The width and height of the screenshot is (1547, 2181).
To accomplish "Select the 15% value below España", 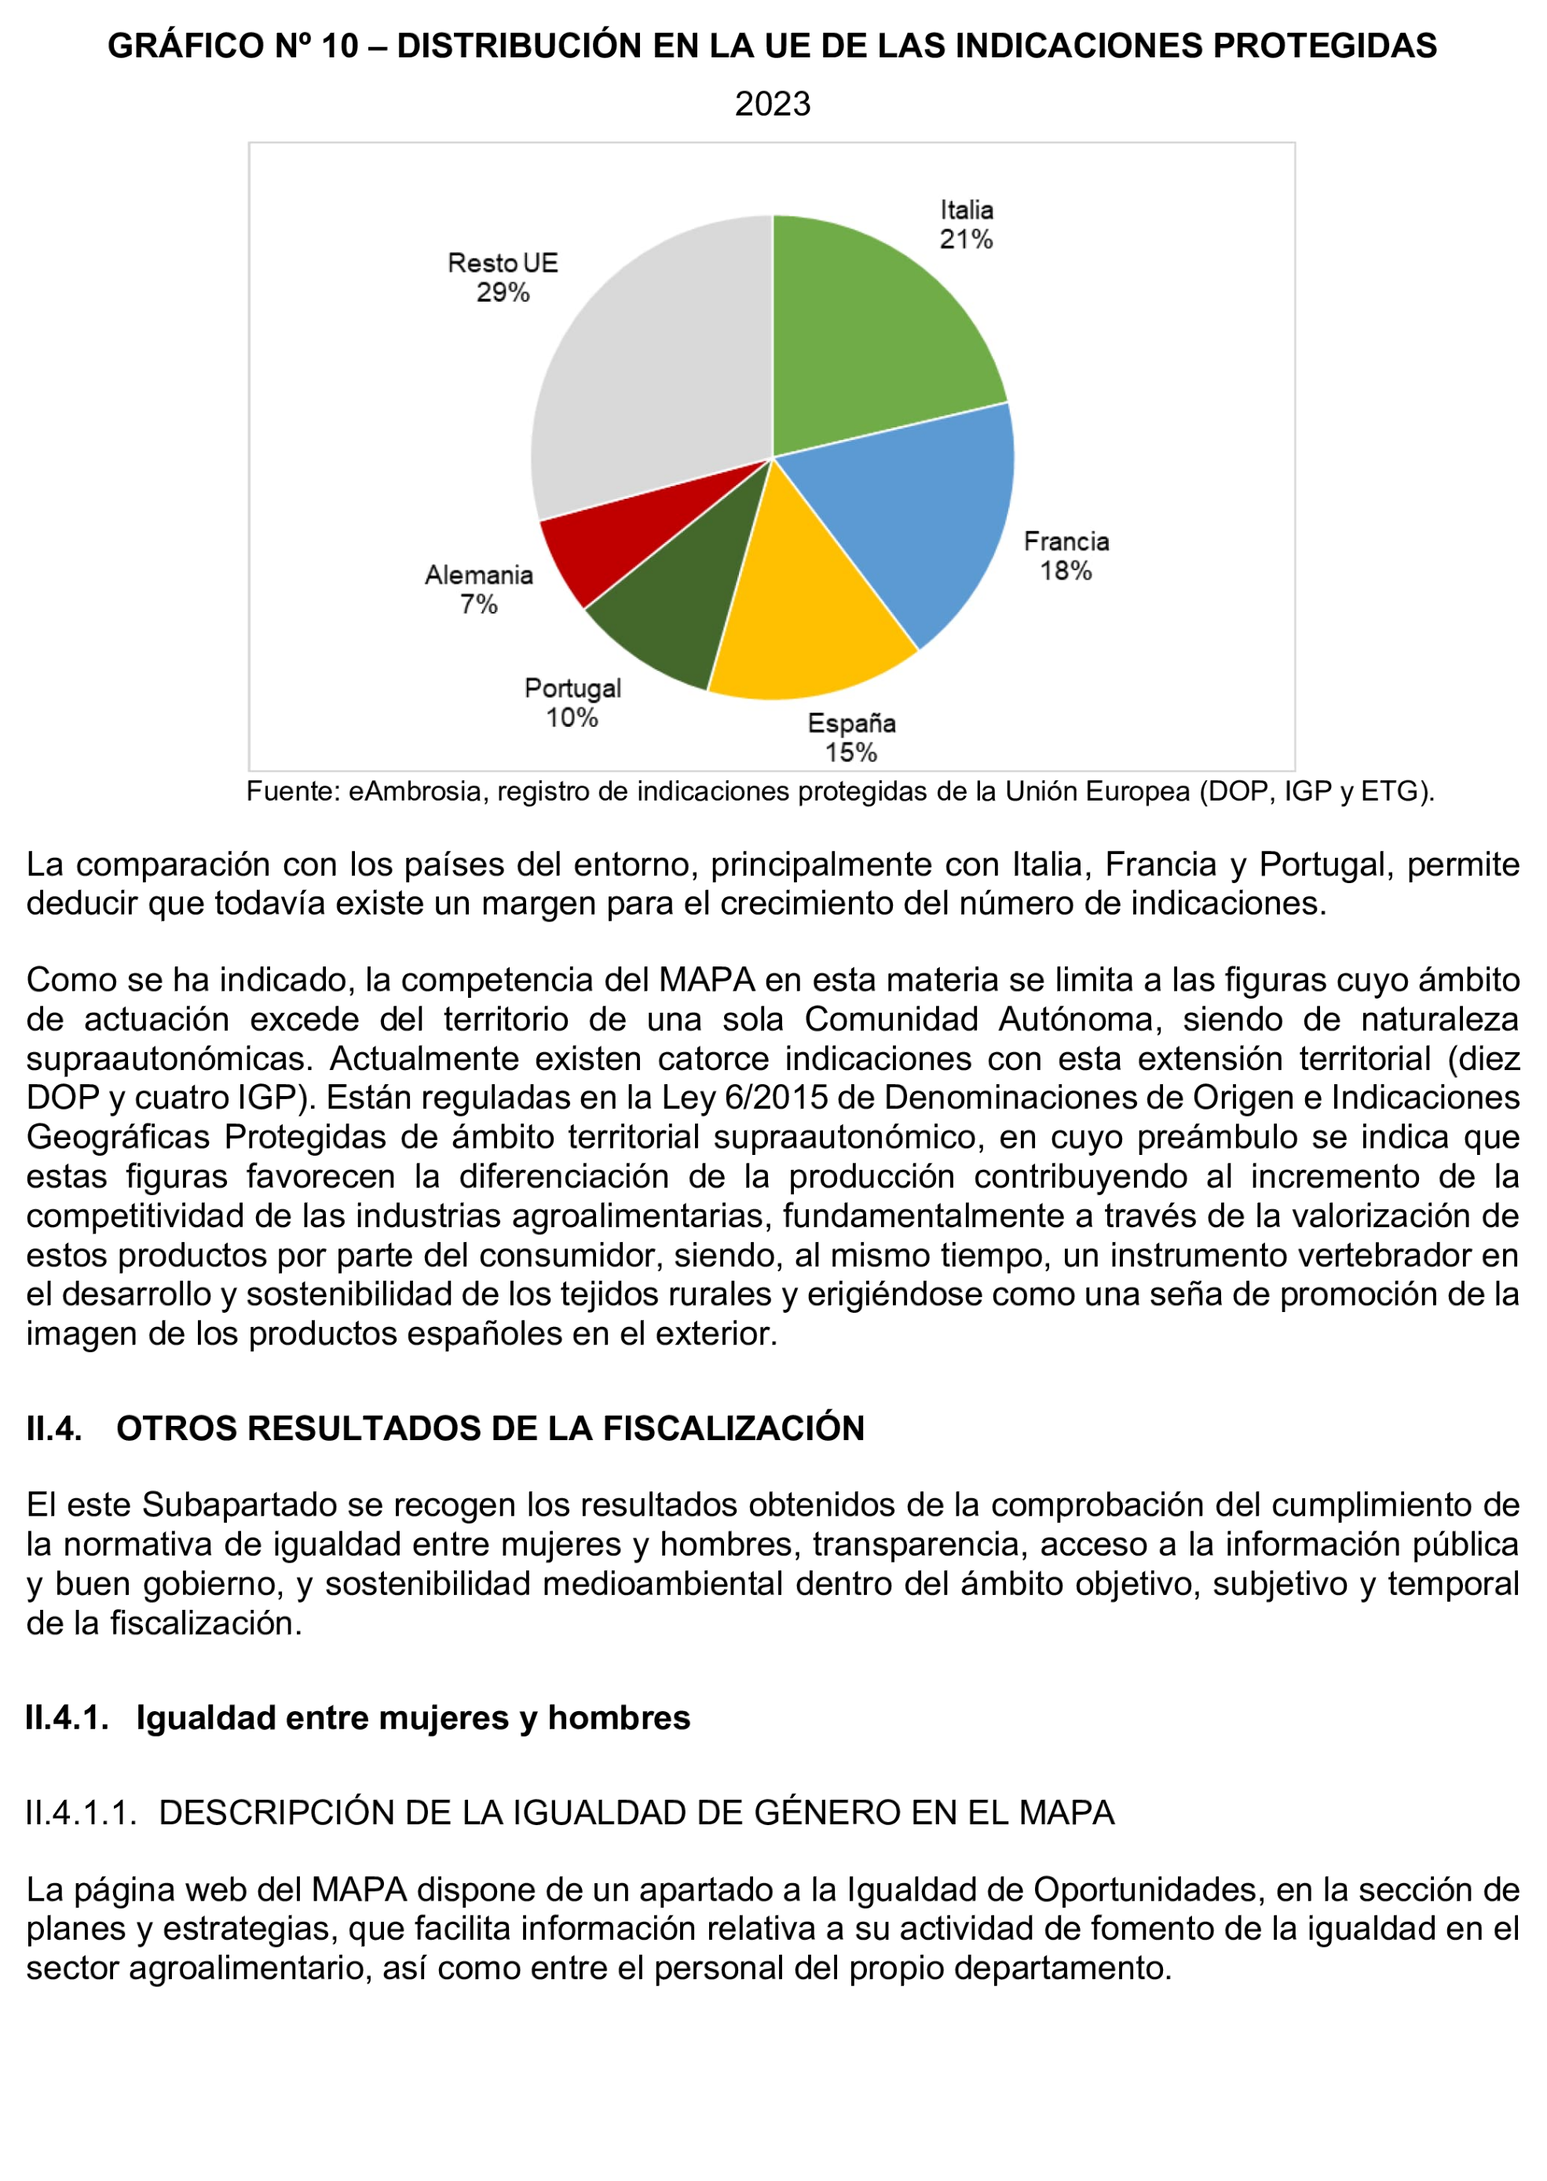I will pyautogui.click(x=850, y=752).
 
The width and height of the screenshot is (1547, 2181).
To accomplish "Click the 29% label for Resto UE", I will pyautogui.click(x=503, y=292).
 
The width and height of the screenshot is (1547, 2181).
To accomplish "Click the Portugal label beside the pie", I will pyautogui.click(x=572, y=688).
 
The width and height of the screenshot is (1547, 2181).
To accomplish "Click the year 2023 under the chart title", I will pyautogui.click(x=773, y=104).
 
